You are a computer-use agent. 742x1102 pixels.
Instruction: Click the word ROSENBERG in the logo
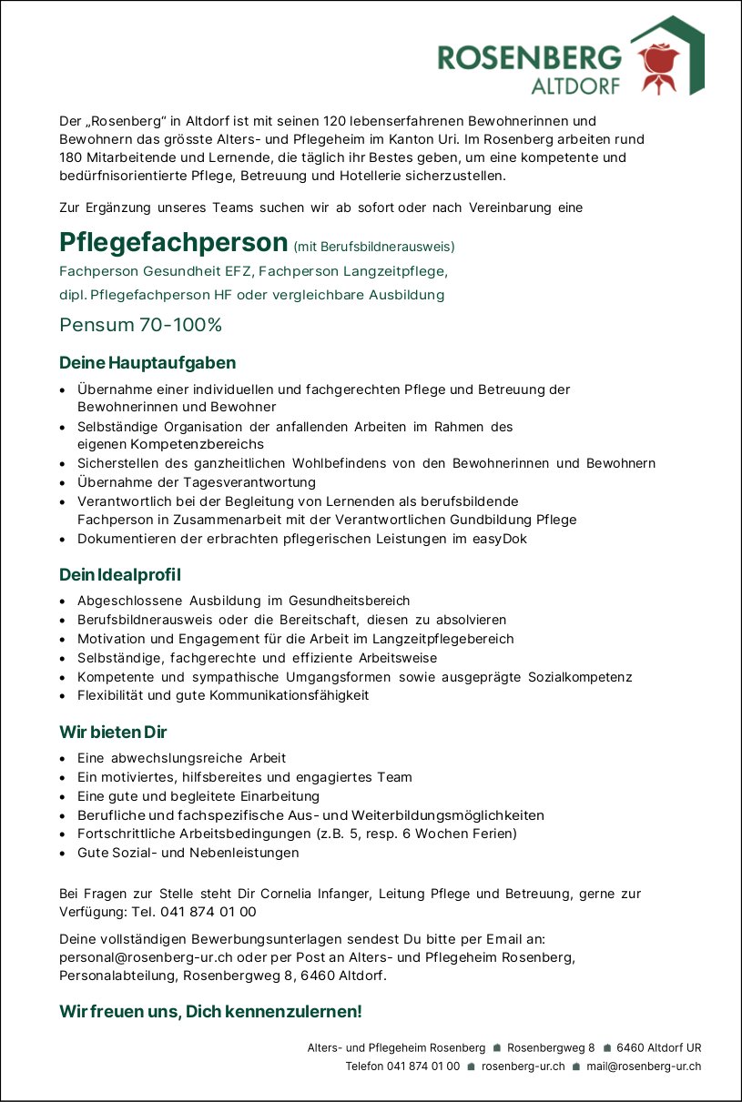click(529, 58)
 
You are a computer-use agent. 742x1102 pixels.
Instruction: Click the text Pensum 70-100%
click(140, 325)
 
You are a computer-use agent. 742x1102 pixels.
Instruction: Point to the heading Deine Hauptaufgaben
click(147, 363)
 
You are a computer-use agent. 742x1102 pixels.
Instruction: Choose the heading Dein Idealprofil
click(120, 575)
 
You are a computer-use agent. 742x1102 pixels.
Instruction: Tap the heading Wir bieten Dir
click(113, 733)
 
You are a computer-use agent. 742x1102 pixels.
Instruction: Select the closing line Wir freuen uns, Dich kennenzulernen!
click(210, 1011)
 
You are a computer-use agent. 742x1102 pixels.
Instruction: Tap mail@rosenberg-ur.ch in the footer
click(644, 1067)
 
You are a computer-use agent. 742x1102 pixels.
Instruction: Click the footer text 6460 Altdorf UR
click(658, 1047)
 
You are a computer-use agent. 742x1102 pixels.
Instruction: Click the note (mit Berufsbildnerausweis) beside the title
click(374, 247)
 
